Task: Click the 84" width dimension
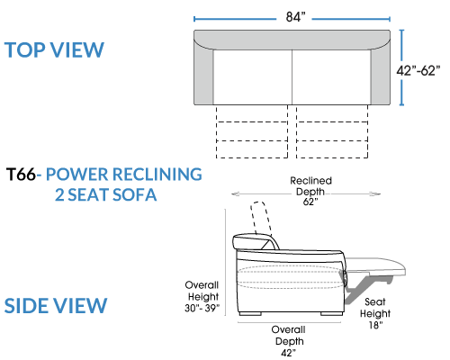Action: (295, 17)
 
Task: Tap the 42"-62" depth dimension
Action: (418, 71)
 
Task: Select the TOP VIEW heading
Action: (54, 49)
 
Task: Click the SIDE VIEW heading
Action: (56, 306)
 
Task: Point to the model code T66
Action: (21, 174)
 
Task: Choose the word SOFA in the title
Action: (134, 194)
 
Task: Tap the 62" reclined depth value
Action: (310, 202)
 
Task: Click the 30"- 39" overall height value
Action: (202, 308)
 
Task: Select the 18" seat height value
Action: (375, 325)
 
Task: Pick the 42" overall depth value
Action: (288, 353)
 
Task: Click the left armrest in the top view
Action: (203, 75)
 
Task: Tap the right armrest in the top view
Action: (381, 75)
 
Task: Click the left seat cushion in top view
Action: (253, 77)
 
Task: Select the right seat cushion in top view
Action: (331, 77)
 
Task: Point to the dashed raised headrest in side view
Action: (260, 218)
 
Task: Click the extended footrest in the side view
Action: (375, 265)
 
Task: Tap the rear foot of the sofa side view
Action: (250, 313)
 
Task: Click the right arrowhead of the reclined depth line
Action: (375, 193)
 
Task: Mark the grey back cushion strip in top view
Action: (292, 40)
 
